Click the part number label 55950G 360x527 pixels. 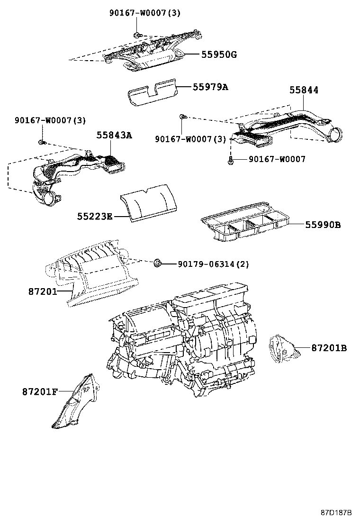coord(219,55)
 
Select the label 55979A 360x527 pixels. coord(210,87)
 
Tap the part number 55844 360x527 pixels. coord(304,90)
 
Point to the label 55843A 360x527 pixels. coord(114,135)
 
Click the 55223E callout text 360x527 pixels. coord(95,217)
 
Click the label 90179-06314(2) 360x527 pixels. coord(213,264)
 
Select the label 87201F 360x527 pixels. coord(40,391)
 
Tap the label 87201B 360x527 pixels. coord(329,348)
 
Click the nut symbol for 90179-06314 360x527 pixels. coord(158,263)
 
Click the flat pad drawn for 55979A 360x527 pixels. coord(151,93)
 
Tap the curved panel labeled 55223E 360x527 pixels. coord(147,202)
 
